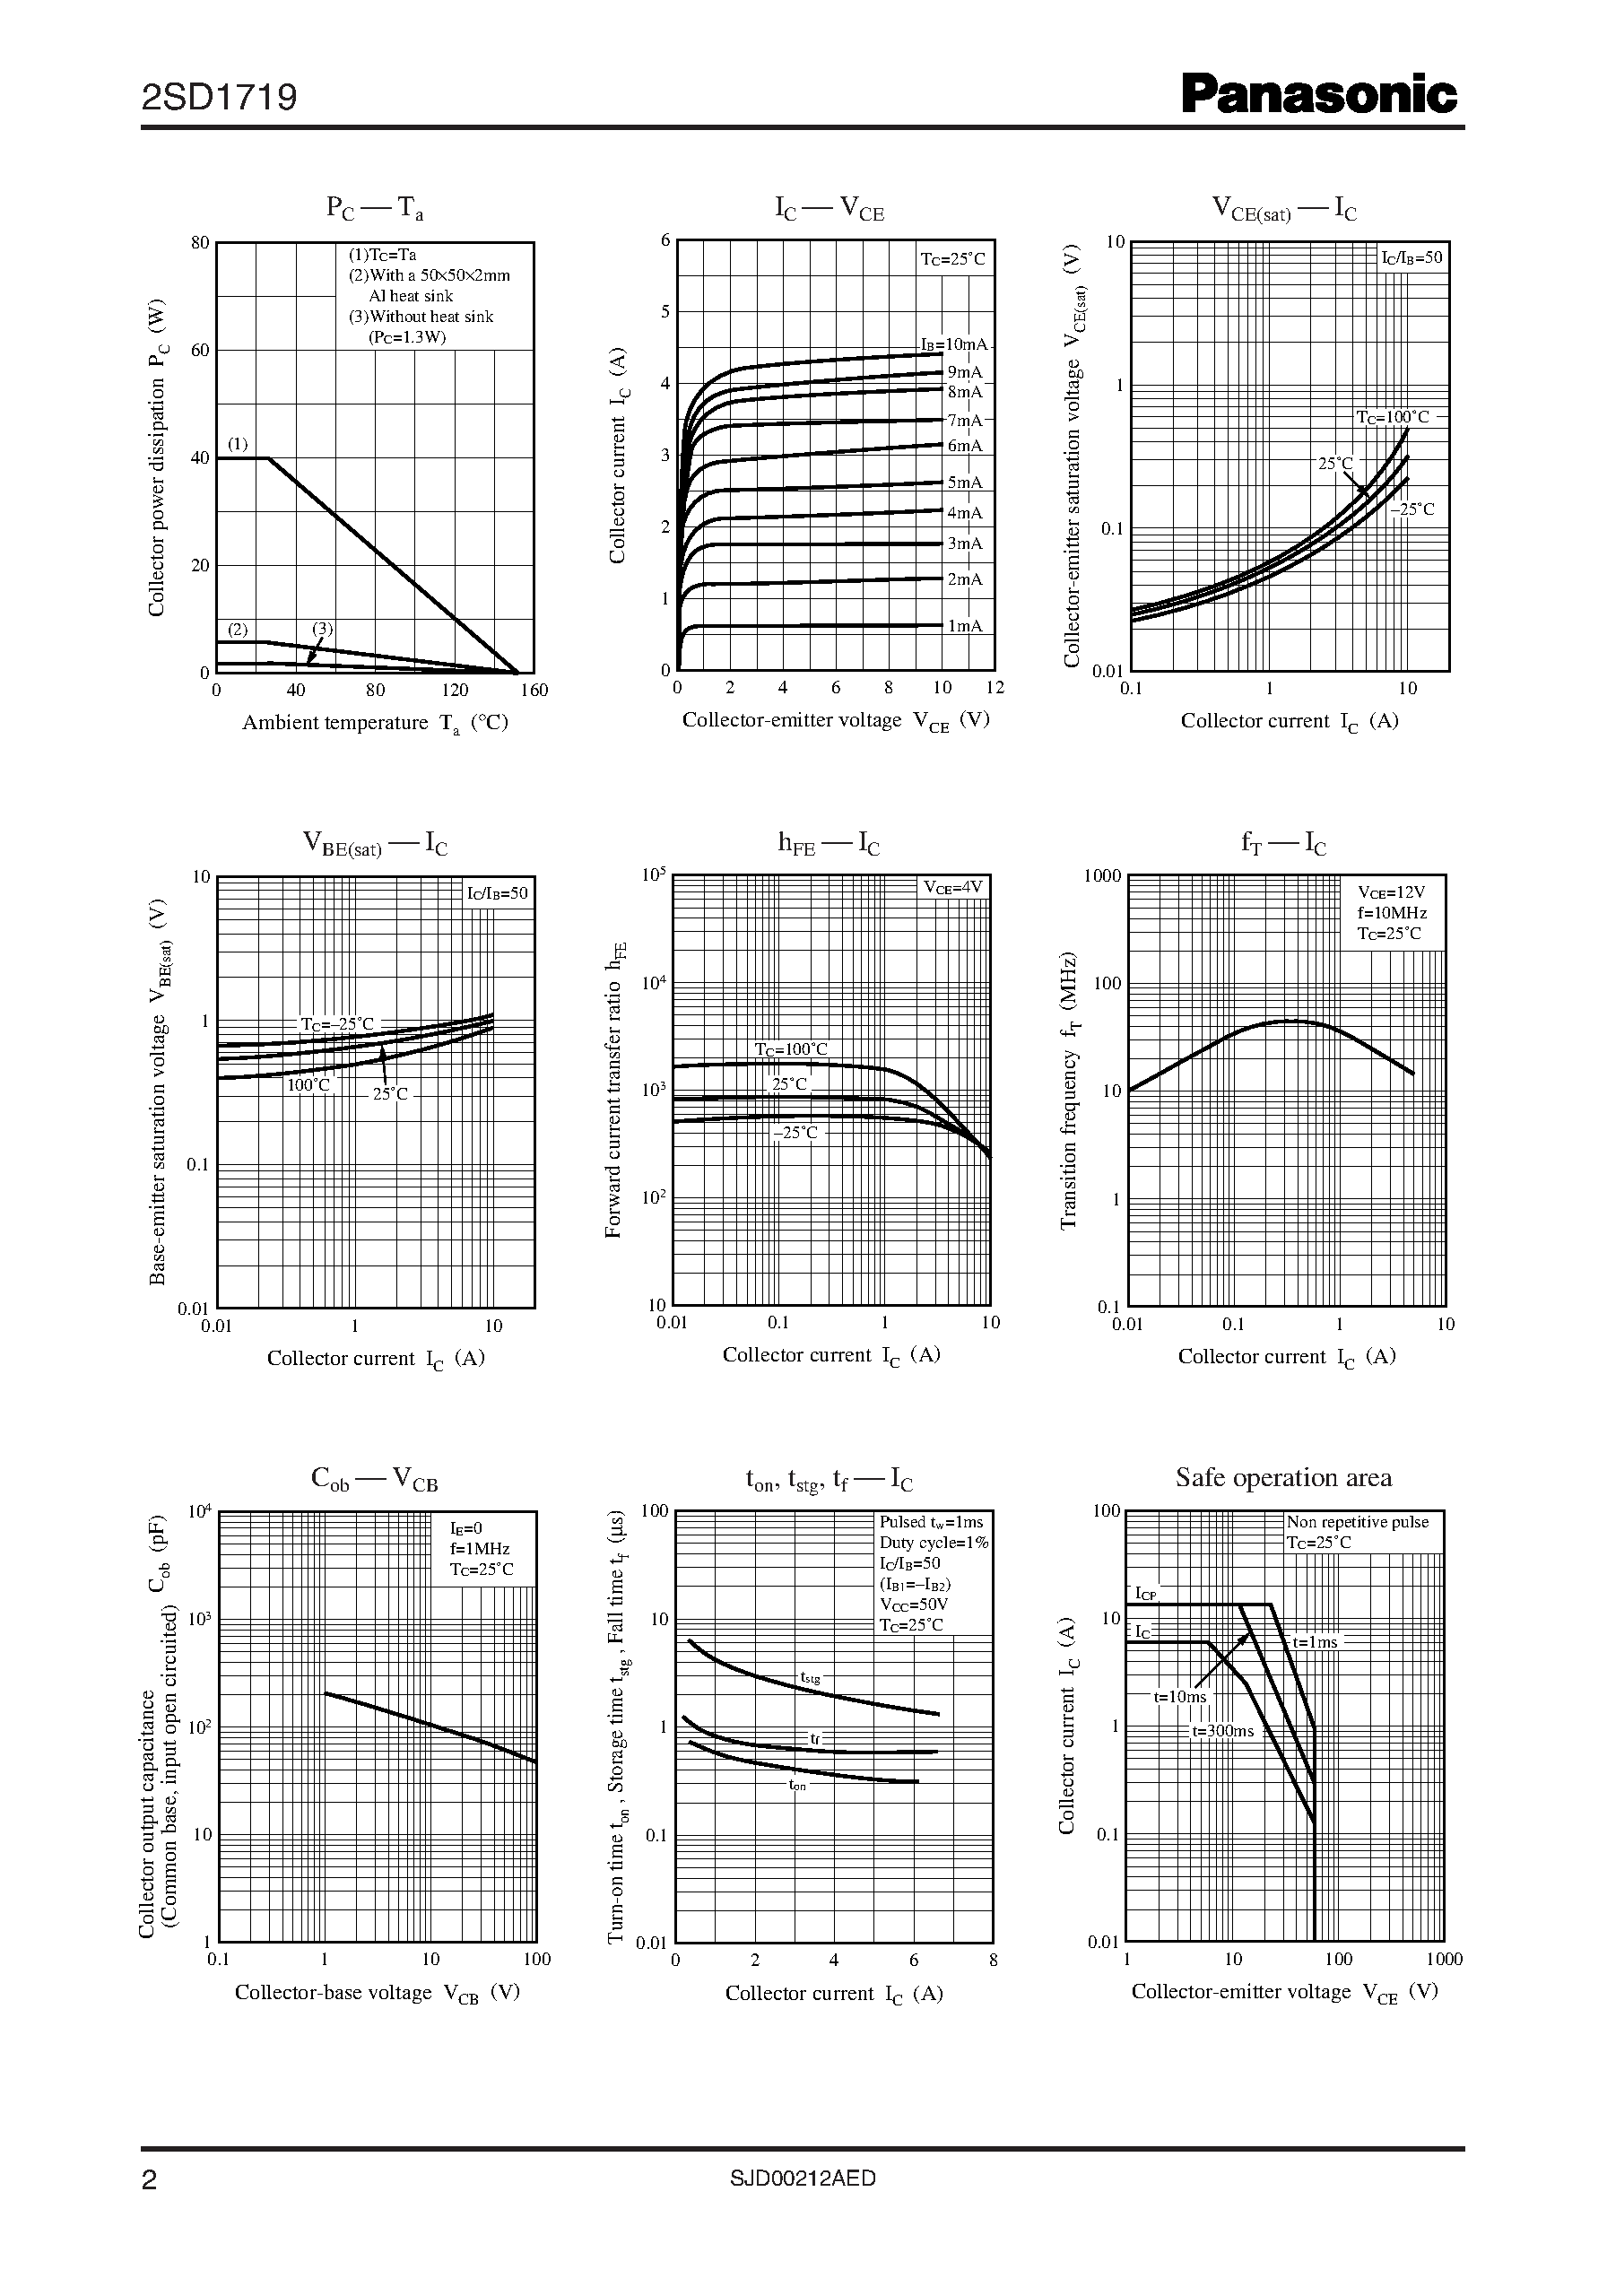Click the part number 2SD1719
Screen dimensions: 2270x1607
point(219,97)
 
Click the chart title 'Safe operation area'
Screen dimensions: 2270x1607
point(1283,1478)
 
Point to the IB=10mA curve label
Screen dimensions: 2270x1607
point(954,344)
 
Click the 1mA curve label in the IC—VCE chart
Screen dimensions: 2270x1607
point(965,625)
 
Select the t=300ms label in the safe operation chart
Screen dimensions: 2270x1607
point(1222,1731)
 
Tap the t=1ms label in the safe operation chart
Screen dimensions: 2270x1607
point(1314,1641)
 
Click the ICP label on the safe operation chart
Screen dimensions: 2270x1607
point(1145,1593)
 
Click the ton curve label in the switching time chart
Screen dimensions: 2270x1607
point(797,1785)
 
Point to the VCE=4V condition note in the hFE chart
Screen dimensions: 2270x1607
point(953,888)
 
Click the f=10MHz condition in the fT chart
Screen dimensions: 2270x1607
point(1391,912)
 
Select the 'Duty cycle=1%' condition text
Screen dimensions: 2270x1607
point(934,1542)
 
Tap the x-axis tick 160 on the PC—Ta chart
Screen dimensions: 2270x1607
point(534,691)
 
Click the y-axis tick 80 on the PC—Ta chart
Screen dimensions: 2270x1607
point(200,242)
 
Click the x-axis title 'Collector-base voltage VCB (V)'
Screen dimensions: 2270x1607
point(377,1993)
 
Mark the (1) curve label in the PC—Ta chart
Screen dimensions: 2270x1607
point(239,443)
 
